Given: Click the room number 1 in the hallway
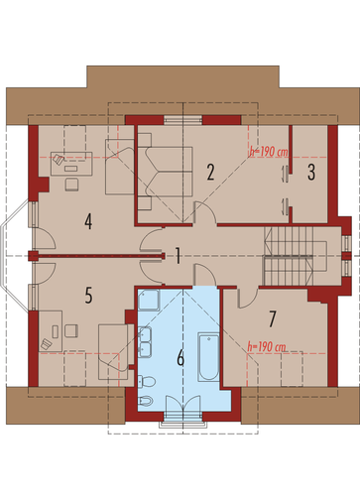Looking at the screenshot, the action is click(178, 256).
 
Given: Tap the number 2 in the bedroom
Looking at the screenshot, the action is click(210, 172).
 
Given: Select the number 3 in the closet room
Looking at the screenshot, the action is click(311, 172).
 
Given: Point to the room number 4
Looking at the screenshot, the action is click(88, 221).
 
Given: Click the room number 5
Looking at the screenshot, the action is click(88, 295).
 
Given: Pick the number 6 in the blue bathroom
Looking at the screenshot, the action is click(180, 358).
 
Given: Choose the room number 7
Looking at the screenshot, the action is click(272, 319).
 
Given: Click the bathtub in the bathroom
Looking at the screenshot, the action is click(208, 357).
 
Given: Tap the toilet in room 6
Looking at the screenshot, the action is click(146, 382).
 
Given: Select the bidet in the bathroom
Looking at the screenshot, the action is click(146, 401).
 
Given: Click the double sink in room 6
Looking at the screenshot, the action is click(145, 342).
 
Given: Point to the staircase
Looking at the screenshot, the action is click(289, 256).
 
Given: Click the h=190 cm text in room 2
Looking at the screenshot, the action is click(269, 152).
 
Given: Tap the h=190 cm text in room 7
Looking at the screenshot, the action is click(267, 347).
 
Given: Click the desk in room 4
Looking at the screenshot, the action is click(71, 164).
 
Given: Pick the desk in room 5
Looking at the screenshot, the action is click(51, 330).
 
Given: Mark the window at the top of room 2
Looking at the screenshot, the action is click(182, 120).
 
